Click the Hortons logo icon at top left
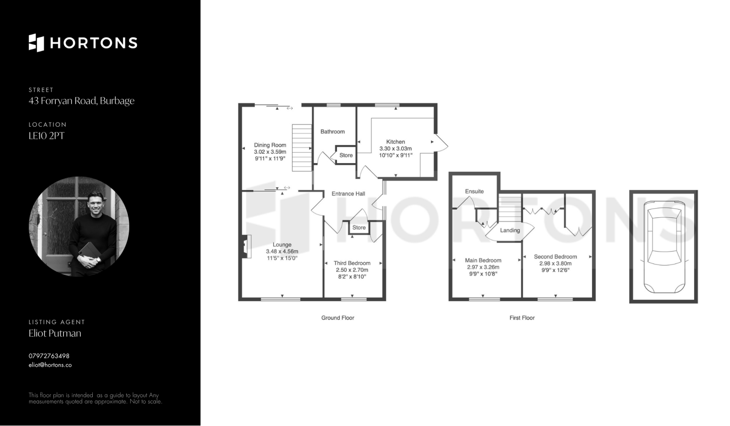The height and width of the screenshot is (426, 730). coord(36,43)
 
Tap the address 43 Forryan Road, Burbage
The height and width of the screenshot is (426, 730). coord(81,101)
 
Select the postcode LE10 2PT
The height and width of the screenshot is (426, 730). coord(46,136)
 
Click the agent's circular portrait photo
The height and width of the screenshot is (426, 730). coord(79,227)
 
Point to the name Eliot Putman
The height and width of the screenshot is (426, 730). coord(55,333)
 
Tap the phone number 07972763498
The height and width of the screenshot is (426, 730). coord(49,356)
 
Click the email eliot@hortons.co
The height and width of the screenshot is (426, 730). coord(50,365)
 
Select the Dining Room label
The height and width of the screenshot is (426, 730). coord(270,145)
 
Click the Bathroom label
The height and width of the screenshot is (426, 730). coord(333,132)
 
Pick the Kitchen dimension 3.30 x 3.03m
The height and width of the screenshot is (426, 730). coord(395,149)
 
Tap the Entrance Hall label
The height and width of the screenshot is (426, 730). coord(348,194)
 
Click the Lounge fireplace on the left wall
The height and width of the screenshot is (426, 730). coord(246,246)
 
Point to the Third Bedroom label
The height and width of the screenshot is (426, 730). coord(352,263)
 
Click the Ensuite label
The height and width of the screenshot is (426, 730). coord(474,191)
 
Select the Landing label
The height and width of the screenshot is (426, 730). coord(510,230)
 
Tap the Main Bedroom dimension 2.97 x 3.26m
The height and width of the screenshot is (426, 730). coord(483,267)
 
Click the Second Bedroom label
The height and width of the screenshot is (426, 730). coord(555,257)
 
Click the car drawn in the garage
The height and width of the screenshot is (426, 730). coord(664,246)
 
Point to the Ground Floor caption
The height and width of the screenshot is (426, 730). coord(338,318)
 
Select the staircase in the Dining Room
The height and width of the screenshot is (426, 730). coord(301,148)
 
